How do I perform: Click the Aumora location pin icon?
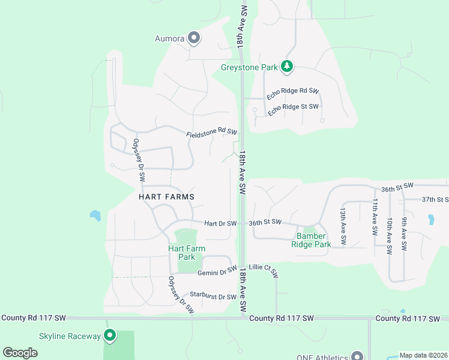tap(193, 38)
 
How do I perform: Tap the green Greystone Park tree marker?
tap(287, 67)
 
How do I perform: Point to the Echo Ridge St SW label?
tap(294, 110)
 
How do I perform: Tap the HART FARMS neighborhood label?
tap(167, 196)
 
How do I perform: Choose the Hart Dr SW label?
tap(220, 223)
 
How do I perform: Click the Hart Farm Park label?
tap(187, 253)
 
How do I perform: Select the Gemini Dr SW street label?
tap(217, 272)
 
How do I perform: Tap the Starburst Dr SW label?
tap(213, 296)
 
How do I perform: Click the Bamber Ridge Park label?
tap(311, 241)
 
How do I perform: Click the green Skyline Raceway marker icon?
tap(109, 335)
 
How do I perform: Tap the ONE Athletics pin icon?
tap(358, 356)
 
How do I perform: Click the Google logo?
tap(20, 353)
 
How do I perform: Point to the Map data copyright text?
tap(423, 355)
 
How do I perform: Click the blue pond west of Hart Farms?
tap(95, 215)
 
